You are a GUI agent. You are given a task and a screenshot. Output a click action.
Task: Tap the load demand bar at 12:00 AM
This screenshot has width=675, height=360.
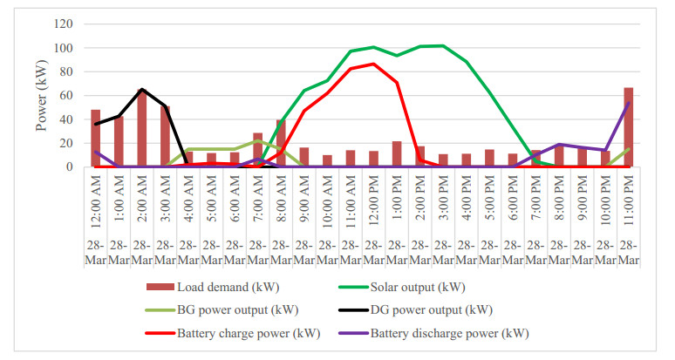(x=95, y=139)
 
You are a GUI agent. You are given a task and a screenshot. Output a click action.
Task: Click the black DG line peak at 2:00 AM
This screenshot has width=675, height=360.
(x=141, y=90)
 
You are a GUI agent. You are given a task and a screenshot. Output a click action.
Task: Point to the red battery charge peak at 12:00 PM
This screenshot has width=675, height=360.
(x=373, y=64)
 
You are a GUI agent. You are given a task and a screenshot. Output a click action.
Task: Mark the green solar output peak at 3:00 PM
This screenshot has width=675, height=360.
(x=443, y=45)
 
